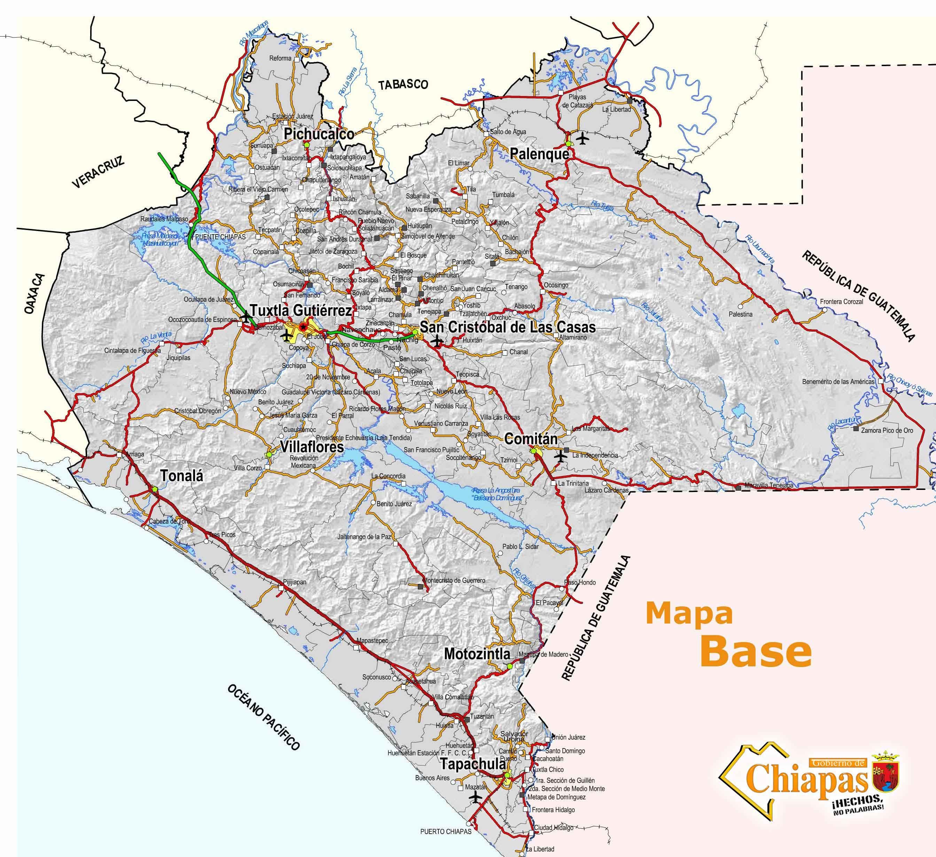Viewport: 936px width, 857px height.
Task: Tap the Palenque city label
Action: [539, 154]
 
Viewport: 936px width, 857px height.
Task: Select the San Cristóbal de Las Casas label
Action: [507, 327]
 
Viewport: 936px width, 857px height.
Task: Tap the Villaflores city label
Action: [312, 447]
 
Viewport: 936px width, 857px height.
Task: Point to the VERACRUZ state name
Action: [99, 172]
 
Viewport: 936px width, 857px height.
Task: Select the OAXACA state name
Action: [34, 294]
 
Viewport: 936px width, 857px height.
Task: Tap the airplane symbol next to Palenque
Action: [582, 138]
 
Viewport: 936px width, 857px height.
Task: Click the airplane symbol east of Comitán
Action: [561, 456]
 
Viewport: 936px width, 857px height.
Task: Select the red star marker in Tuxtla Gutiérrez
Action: [303, 327]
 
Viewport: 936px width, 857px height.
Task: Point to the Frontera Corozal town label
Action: [841, 302]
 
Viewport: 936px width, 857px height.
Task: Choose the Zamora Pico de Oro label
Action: [887, 430]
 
